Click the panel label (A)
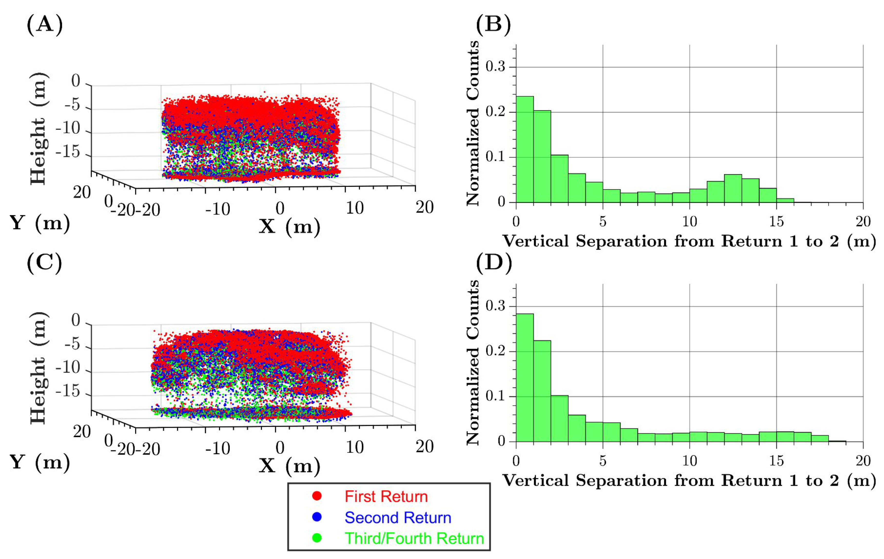(45, 26)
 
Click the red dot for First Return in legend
(317, 496)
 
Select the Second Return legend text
(398, 518)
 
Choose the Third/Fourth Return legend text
(414, 539)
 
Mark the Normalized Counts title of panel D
(473, 362)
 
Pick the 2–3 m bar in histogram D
(559, 419)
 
